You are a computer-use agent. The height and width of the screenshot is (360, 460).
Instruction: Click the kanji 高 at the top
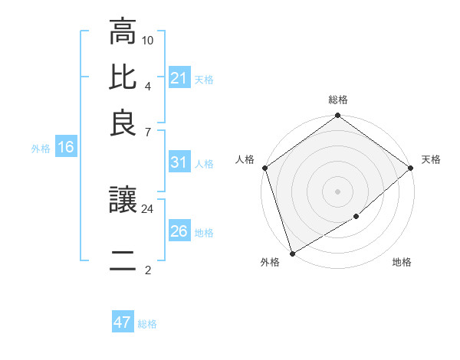[123, 34]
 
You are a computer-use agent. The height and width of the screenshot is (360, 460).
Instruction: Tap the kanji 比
[123, 77]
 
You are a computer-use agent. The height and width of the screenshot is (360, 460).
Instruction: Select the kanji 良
[123, 122]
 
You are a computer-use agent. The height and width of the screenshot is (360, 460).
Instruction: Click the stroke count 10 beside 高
[148, 39]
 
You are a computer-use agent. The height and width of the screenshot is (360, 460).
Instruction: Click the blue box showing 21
[179, 78]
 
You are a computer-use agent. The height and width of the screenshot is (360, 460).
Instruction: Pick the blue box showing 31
[179, 162]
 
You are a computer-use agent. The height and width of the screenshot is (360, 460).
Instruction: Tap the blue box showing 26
[179, 231]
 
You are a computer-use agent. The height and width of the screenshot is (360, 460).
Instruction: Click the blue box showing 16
[66, 148]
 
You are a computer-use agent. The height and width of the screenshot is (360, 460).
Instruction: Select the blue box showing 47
[123, 322]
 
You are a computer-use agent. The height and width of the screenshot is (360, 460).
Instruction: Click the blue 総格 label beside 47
[147, 324]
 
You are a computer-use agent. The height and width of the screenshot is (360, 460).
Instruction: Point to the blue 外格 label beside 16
[41, 149]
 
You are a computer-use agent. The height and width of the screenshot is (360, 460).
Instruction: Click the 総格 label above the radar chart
[338, 100]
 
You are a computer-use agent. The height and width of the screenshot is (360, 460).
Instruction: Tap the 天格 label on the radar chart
[431, 159]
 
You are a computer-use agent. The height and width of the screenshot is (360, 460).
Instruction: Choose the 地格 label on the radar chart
[402, 263]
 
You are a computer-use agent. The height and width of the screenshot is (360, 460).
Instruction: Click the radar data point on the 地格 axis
[356, 217]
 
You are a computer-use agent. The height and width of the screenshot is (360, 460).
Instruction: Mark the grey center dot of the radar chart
[338, 191]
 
